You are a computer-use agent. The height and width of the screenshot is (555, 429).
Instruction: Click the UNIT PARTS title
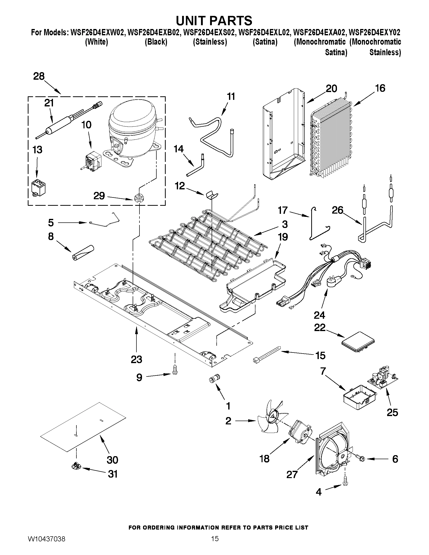pos(214,21)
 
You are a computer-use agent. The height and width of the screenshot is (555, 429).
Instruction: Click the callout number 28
pos(39,76)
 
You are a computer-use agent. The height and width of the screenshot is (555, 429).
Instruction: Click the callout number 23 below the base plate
pos(136,359)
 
